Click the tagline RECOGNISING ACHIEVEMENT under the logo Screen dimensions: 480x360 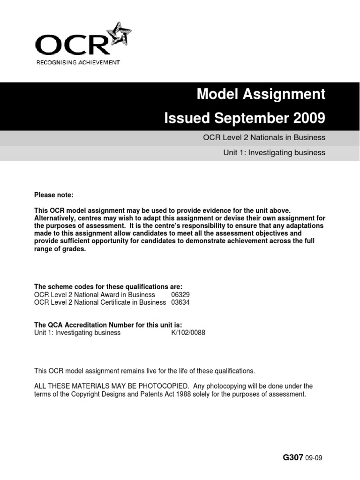(78, 62)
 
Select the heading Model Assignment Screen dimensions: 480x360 (261, 94)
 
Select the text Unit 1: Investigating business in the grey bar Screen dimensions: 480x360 (274, 152)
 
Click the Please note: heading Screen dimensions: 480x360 (54, 195)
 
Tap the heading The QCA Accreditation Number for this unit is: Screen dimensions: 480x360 (108, 325)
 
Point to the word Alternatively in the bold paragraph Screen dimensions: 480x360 (55, 219)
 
